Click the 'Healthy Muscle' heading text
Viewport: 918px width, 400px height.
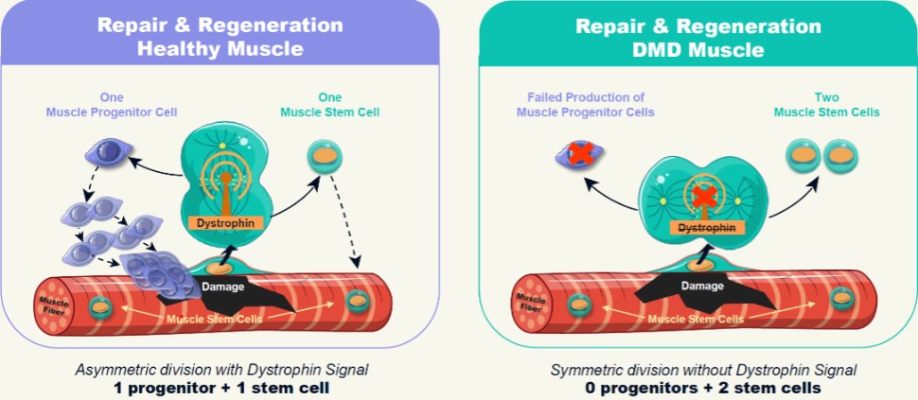(220, 48)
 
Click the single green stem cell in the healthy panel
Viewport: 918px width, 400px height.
(325, 155)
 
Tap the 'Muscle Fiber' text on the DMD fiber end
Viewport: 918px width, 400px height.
(529, 304)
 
